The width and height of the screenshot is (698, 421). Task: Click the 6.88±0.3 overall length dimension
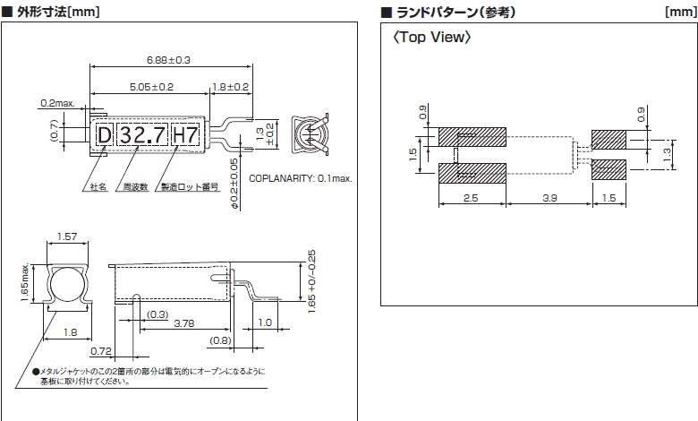(169, 60)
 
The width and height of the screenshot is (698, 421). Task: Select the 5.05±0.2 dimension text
(140, 87)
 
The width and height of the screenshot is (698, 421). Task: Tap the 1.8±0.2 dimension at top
(231, 87)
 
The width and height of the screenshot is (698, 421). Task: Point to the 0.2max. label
(55, 103)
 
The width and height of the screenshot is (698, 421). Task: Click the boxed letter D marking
(104, 135)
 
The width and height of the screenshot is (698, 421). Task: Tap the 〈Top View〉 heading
(432, 39)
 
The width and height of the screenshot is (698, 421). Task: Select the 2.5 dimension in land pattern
(472, 197)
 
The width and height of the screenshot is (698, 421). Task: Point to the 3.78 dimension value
(185, 323)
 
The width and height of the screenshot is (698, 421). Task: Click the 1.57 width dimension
(66, 236)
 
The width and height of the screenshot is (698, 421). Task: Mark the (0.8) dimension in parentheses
(220, 340)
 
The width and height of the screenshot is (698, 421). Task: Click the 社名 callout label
(98, 187)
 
